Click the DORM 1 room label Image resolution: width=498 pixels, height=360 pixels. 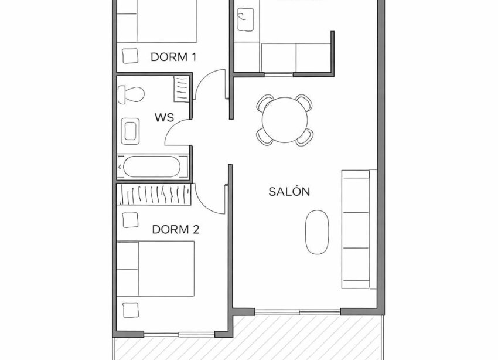173,57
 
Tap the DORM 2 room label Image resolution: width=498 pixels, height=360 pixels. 175,229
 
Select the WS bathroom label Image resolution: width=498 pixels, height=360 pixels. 164,117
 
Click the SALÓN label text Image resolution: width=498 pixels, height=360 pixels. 289,191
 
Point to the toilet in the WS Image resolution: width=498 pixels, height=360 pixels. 130,94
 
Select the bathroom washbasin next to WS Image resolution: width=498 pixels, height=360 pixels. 130,131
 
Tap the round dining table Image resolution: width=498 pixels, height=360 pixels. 284,120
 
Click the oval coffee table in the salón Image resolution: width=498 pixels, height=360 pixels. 317,232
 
